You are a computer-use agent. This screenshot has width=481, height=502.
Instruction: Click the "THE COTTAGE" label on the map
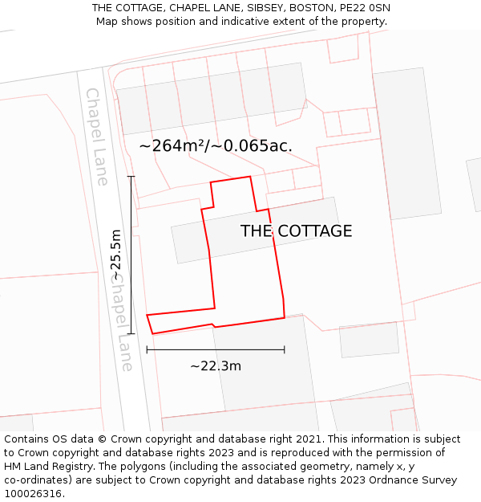[x=296, y=231]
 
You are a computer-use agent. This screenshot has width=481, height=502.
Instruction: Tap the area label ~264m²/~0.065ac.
[x=215, y=145]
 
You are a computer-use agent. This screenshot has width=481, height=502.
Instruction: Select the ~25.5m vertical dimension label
[x=117, y=255]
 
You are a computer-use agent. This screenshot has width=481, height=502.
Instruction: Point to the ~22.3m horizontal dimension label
[x=216, y=366]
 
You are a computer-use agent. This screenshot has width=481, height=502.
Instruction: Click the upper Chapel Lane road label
[x=96, y=137]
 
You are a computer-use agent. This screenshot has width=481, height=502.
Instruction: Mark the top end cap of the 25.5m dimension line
[x=131, y=177]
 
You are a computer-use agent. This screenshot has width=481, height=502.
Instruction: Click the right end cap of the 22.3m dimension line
[x=285, y=349]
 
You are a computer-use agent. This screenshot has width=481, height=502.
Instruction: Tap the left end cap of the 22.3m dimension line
[x=147, y=349]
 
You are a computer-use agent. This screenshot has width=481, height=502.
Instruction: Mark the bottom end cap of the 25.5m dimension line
[x=131, y=333]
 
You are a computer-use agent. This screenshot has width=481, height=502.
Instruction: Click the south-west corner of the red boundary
[x=152, y=333]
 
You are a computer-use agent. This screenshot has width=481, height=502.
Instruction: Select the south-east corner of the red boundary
[x=285, y=317]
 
